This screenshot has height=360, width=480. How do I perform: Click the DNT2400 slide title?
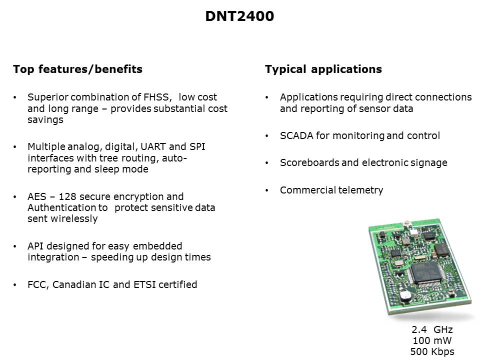[x=239, y=16]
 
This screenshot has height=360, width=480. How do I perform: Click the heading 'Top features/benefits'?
[x=78, y=69]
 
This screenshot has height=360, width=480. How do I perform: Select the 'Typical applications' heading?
[x=323, y=69]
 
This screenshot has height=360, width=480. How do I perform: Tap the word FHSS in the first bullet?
[x=156, y=97]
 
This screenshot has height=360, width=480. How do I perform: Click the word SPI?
[x=197, y=146]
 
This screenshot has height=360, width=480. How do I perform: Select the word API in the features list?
[x=35, y=246]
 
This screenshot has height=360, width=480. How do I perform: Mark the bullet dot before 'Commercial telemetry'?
[x=267, y=190]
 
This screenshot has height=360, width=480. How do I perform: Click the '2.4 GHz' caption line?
[x=432, y=329]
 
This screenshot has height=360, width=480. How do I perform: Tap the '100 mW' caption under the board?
[x=432, y=340]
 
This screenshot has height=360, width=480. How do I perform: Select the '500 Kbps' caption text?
[x=432, y=351]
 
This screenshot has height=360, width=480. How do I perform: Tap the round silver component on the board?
[x=406, y=295]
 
